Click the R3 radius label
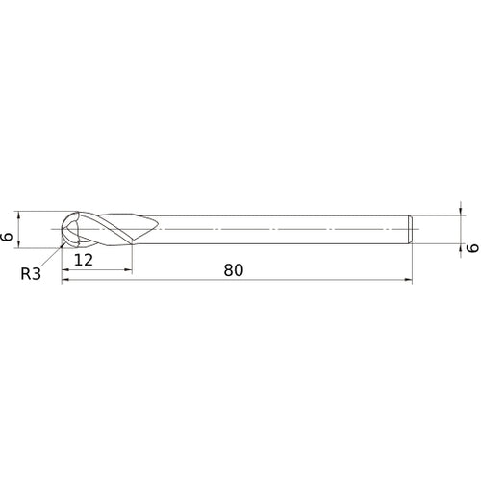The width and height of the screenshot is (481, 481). coord(31,273)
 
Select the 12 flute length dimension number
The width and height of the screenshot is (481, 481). coord(83,260)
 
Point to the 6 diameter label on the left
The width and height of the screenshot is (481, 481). coord(8,231)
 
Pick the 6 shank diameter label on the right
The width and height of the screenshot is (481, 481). coord(471,247)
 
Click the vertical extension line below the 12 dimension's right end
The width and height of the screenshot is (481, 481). coord(132,260)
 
